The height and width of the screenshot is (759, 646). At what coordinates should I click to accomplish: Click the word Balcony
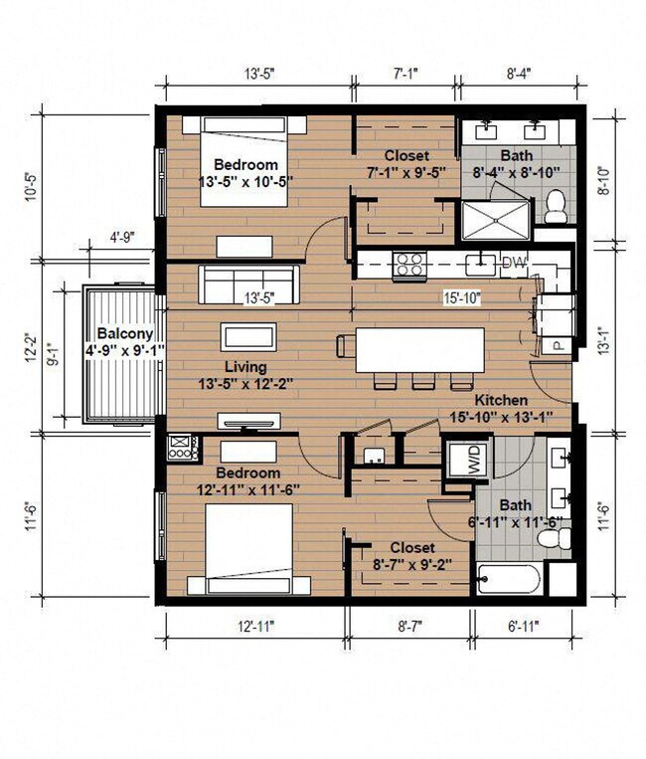click(x=125, y=334)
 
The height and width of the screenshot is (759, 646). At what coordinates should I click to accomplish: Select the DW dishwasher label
click(x=514, y=263)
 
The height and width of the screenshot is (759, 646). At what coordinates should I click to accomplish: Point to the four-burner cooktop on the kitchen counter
click(x=408, y=264)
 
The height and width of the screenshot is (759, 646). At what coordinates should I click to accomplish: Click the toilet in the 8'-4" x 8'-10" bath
click(x=557, y=206)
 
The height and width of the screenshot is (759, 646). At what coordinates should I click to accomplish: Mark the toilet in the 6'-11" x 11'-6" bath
click(x=553, y=538)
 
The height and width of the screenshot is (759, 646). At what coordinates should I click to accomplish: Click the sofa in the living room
click(x=247, y=284)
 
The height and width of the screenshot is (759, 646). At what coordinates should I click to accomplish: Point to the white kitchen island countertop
click(x=419, y=349)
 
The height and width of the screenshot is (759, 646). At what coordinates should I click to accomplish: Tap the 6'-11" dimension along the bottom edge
click(x=524, y=627)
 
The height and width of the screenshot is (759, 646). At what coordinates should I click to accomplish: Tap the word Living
click(x=244, y=366)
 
